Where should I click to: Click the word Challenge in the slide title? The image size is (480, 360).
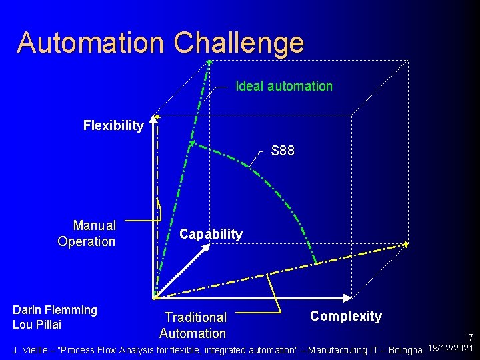coord(239,43)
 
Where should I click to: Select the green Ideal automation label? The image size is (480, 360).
coord(284,86)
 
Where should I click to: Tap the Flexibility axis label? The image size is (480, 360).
coord(113,125)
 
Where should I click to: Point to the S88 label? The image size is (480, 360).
coord(283,151)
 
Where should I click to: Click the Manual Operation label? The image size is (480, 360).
coord(87,233)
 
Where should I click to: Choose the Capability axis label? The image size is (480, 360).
coord(211,234)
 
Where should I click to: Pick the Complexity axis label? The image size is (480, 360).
coord(346,316)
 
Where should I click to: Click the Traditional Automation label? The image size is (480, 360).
coord(194,325)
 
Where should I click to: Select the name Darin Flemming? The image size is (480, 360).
coord(55,310)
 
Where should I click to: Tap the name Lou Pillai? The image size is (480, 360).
coord(37,325)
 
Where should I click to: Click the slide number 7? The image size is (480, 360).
coord(470,338)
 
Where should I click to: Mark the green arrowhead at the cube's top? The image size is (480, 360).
coord(209,63)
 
